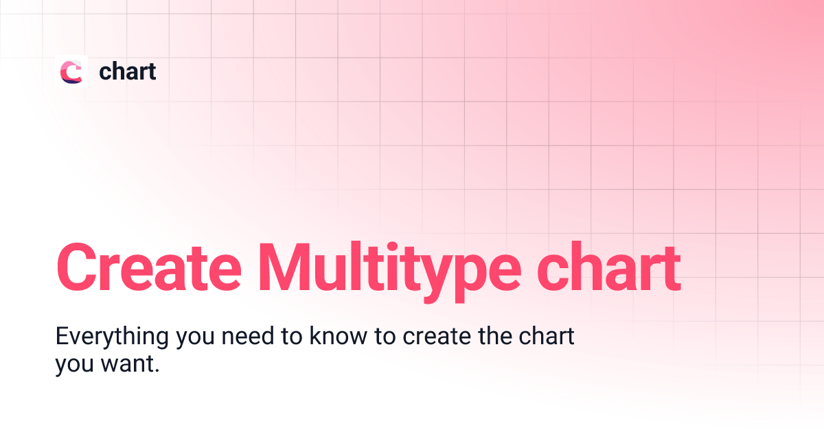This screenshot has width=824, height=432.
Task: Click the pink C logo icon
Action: click(71, 71)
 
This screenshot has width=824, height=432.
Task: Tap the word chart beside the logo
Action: click(127, 71)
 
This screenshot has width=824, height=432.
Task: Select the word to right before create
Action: click(385, 339)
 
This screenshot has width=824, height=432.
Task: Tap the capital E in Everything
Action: click(62, 337)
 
